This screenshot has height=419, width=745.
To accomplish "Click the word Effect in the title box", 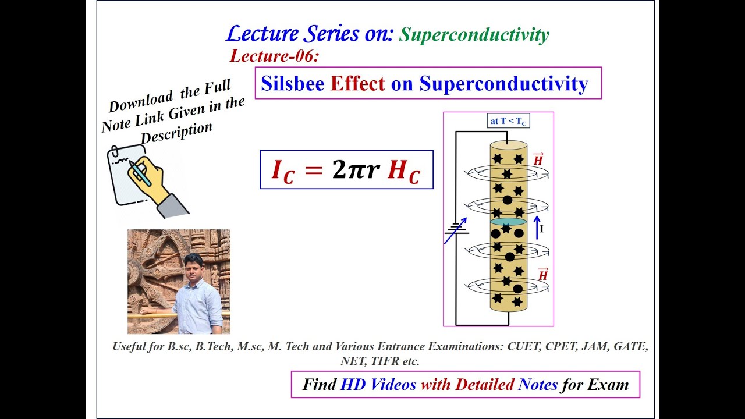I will tap(357, 84).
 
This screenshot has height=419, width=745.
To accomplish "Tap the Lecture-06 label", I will tap(275, 56).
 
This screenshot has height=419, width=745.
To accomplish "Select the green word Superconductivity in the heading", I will tap(473, 35).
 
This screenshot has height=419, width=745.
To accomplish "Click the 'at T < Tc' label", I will tap(509, 122).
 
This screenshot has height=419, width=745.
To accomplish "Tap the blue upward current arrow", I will tap(537, 227).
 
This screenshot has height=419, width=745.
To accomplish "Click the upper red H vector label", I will tap(538, 159).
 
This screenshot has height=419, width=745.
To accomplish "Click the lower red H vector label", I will tap(542, 274).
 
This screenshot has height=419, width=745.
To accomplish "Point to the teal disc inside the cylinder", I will tap(508, 222).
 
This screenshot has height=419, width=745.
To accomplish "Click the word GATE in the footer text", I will tap(632, 347).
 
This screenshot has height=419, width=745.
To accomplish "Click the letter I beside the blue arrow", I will tap(542, 229).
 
